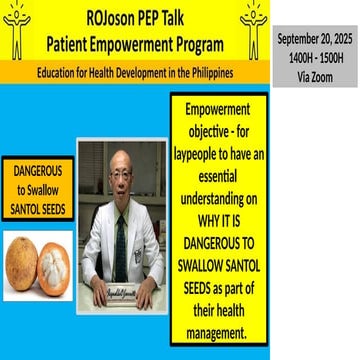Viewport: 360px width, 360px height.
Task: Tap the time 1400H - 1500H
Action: [x=315, y=55]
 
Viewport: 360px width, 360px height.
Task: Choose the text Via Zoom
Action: [x=315, y=71]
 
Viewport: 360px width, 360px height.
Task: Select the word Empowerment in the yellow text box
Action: [x=221, y=108]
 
